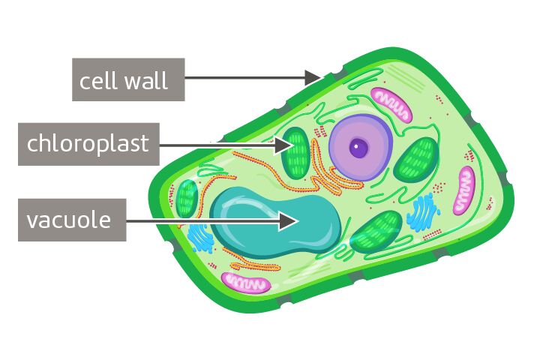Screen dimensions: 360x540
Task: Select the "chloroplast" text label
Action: [88, 143]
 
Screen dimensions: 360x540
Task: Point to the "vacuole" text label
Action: [69, 220]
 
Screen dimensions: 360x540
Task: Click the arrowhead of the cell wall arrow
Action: [313, 76]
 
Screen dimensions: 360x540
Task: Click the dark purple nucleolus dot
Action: [360, 148]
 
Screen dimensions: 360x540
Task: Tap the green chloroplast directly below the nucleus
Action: [376, 229]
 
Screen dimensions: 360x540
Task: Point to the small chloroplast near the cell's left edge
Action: [186, 198]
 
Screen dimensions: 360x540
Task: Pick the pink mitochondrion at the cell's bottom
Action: [247, 283]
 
